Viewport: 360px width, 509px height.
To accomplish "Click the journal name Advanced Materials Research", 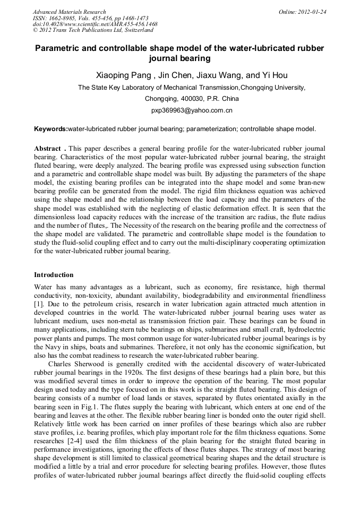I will [70, 12].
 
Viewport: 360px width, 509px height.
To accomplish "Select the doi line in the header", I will [95, 24].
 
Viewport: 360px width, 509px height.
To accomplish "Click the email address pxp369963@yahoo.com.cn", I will [192, 110].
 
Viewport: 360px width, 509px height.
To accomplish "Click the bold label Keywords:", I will [51, 129].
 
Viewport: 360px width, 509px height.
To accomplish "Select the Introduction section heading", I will [54, 275].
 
